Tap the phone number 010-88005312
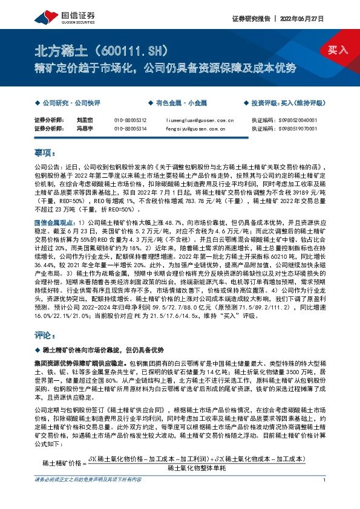(130, 120)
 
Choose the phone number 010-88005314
(130, 128)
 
